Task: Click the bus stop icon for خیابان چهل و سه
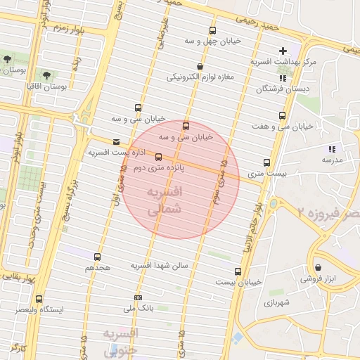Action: pyautogui.click(x=213, y=30)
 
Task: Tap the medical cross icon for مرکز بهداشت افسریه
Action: pyautogui.click(x=283, y=51)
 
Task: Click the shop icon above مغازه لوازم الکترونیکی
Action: pyautogui.click(x=200, y=67)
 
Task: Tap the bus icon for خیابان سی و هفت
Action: pyautogui.click(x=283, y=116)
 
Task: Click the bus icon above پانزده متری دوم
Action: pyautogui.click(x=157, y=157)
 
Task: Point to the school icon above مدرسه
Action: pyautogui.click(x=333, y=149)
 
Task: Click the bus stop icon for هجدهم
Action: pyautogui.click(x=97, y=257)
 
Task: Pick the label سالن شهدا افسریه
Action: pyautogui.click(x=158, y=266)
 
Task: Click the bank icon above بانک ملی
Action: pyautogui.click(x=138, y=297)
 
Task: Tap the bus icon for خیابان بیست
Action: pyautogui.click(x=238, y=271)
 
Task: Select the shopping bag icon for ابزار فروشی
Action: pyautogui.click(x=319, y=268)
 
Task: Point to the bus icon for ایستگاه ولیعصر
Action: pyautogui.click(x=39, y=299)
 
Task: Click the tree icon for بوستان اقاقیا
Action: pyautogui.click(x=46, y=74)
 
